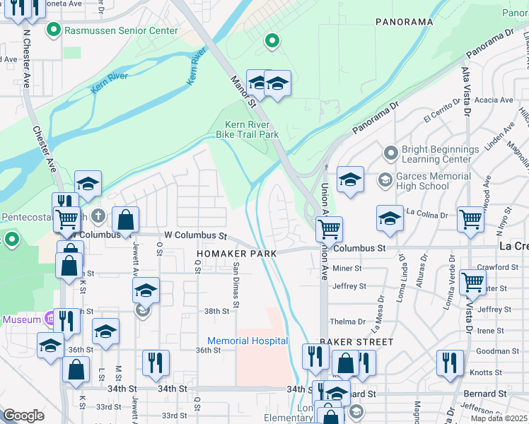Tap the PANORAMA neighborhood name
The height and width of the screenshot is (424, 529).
tap(404, 22)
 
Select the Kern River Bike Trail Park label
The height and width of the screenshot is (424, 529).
tap(247, 129)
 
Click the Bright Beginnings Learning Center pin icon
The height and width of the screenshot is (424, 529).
tap(390, 153)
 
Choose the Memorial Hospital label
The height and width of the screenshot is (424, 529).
tap(247, 341)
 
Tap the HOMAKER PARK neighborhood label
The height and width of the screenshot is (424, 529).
tap(236, 252)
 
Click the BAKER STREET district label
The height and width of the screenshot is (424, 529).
tap(356, 342)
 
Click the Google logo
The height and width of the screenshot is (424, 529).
tap(23, 416)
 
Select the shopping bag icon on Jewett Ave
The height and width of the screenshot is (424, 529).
tap(125, 219)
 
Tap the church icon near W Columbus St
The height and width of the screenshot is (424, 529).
tap(98, 214)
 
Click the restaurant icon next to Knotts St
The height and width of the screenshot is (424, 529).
tap(450, 363)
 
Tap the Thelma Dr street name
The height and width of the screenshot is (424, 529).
tap(351, 321)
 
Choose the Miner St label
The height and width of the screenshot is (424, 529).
tap(347, 269)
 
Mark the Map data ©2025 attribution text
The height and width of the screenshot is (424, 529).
tap(499, 418)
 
